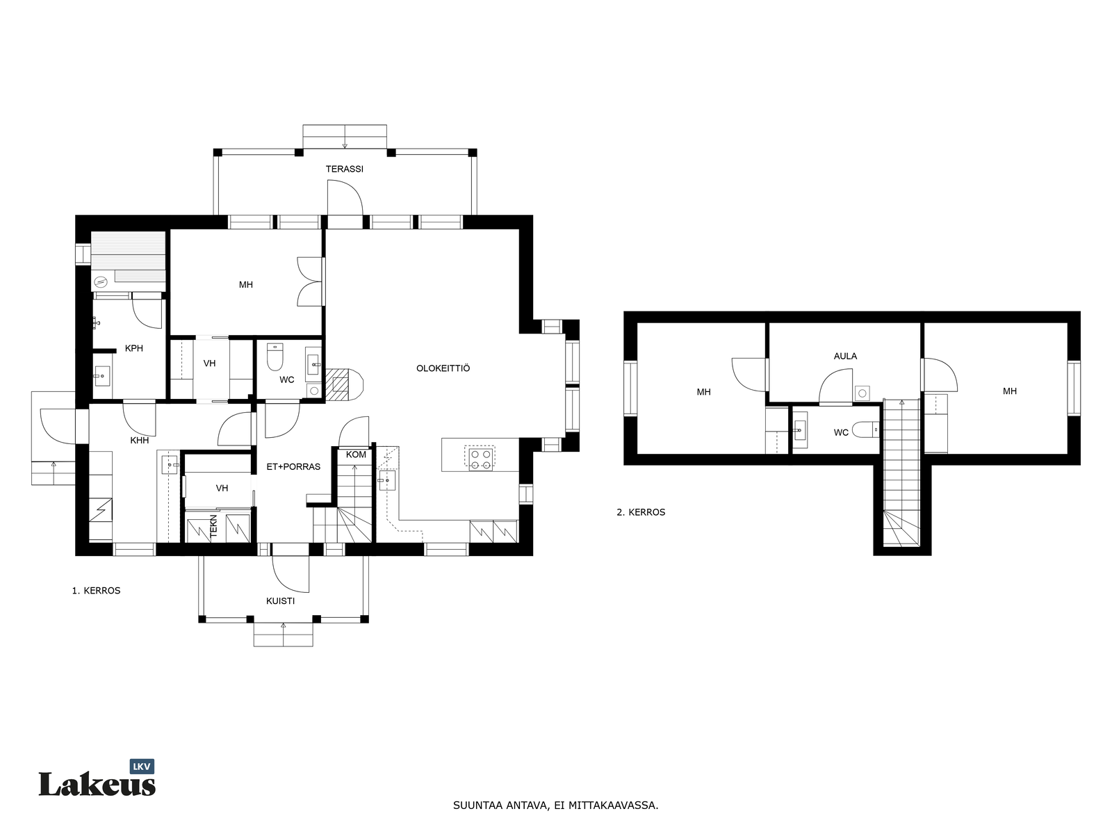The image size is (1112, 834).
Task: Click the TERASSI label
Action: coord(344,169)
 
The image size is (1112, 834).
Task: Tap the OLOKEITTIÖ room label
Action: coord(443,368)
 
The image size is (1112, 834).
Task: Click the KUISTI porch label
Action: coord(280,601)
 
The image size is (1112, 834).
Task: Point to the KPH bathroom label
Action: coord(133,348)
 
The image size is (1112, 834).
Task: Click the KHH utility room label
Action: coord(139,441)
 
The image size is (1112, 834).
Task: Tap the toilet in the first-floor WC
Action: coord(275,357)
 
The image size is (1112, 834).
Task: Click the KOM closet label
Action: coord(356,455)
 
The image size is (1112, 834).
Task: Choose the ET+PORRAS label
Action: coord(293,467)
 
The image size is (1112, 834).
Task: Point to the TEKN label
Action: coord(214,526)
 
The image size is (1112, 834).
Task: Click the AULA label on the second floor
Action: coord(845,357)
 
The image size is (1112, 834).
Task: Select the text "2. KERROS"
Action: coord(640,512)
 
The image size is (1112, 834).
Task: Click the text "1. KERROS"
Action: coord(96,591)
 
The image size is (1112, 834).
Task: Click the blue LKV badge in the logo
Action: coord(142,767)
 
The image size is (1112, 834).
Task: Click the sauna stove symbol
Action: coord(101,281)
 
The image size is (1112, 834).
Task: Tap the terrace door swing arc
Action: coord(354,190)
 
